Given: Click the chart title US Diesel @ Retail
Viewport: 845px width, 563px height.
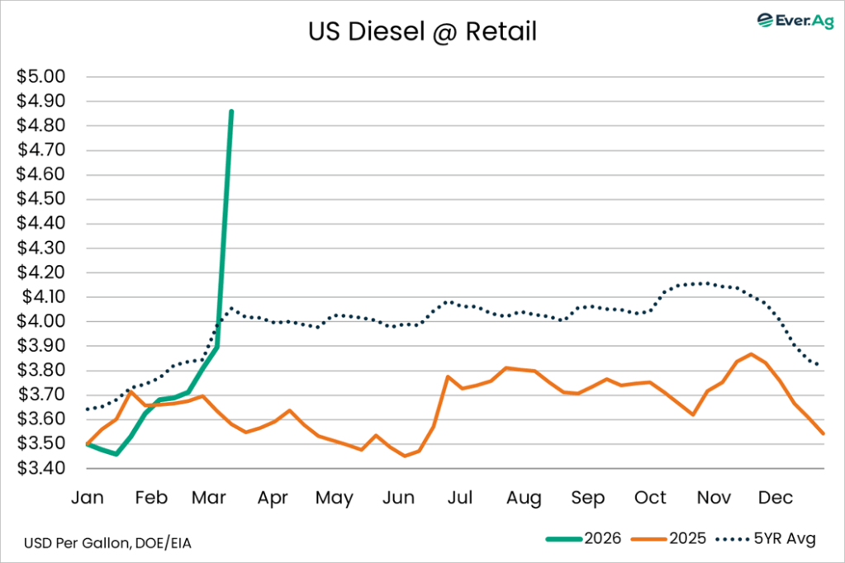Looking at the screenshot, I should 422,32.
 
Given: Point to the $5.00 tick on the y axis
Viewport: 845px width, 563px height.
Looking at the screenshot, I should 40,78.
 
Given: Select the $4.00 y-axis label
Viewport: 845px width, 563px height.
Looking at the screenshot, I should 40,322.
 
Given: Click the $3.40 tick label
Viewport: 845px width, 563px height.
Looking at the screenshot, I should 40,469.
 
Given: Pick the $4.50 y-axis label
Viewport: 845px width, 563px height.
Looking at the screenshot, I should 40,200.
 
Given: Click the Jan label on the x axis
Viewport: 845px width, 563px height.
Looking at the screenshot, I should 88,498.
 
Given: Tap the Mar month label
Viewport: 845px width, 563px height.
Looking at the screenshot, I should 211,498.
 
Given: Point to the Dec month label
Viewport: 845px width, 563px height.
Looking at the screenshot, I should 776,498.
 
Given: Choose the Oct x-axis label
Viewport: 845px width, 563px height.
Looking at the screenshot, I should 650,498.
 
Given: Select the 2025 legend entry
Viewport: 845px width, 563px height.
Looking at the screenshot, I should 668,539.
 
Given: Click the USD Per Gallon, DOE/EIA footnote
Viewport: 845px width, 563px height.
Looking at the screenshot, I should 101,542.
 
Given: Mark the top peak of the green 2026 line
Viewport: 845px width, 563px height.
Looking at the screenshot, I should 231,111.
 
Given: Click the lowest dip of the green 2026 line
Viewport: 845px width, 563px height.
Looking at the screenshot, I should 116,454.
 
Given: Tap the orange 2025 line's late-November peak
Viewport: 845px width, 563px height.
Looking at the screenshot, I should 751,354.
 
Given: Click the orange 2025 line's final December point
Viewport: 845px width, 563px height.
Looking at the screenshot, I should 823,433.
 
